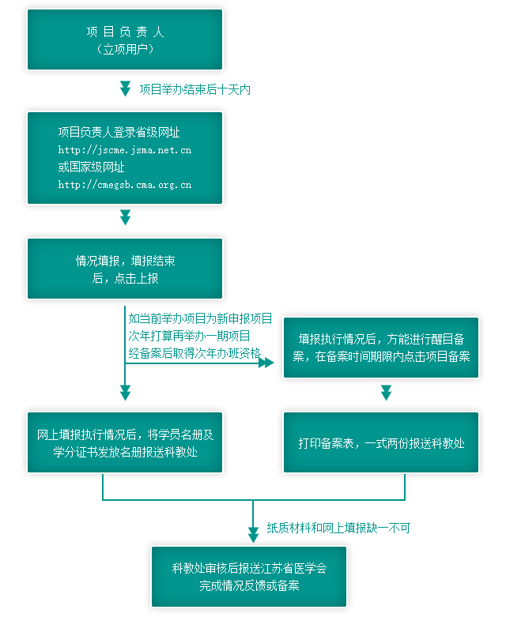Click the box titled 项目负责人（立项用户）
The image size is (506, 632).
(x=125, y=39)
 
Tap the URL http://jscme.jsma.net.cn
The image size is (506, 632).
(x=125, y=150)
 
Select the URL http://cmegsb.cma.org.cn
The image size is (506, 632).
(x=125, y=185)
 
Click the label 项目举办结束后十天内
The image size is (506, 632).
(x=195, y=89)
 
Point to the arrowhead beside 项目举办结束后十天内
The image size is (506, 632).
(x=126, y=88)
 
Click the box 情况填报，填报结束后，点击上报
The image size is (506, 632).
(x=125, y=269)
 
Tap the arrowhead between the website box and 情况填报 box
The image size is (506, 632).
(x=126, y=216)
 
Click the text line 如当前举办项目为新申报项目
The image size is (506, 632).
(x=200, y=319)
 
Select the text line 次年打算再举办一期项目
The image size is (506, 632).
(x=189, y=337)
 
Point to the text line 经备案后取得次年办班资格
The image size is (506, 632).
(x=194, y=353)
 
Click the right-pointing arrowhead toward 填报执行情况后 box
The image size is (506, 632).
(x=266, y=363)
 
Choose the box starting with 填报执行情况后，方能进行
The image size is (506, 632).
(x=381, y=348)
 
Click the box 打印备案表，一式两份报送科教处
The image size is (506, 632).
(x=381, y=442)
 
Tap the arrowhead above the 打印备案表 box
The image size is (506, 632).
(x=386, y=393)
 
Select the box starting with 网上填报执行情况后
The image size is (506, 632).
(x=125, y=442)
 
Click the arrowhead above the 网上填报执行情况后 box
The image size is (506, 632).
(x=126, y=393)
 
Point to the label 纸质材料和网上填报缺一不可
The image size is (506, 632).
(x=338, y=528)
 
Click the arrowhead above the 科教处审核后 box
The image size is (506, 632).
(x=254, y=535)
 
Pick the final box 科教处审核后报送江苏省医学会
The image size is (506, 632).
(x=249, y=577)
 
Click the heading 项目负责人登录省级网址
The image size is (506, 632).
(x=119, y=132)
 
